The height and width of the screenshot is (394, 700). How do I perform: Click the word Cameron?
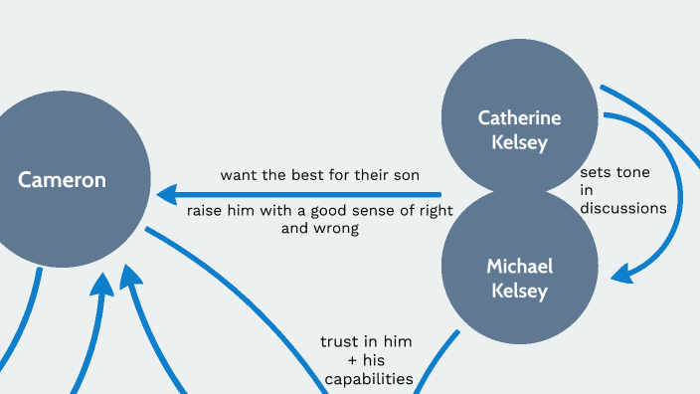click(62, 180)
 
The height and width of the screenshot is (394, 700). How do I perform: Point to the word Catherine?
click(519, 117)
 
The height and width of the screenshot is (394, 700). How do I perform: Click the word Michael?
click(519, 266)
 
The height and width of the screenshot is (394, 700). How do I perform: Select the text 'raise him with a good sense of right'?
click(320, 210)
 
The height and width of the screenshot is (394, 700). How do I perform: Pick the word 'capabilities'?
click(367, 378)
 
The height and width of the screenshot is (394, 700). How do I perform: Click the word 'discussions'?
click(623, 208)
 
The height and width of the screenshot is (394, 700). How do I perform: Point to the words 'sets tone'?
click(614, 172)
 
